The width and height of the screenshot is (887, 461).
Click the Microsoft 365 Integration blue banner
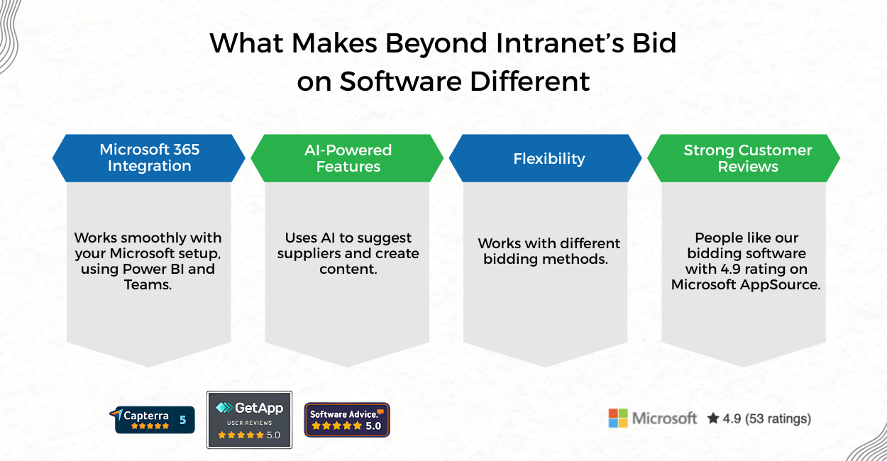149,157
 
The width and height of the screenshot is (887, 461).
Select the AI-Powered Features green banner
348,158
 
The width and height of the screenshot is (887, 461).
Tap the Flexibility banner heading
549,158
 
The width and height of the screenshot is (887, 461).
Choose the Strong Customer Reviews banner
747,158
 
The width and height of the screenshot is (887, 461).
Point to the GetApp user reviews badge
249,420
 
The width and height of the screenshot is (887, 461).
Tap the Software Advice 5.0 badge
347,420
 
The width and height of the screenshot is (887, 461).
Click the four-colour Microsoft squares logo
618,418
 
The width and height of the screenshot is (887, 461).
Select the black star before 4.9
712,418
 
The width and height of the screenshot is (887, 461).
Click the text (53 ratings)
778,418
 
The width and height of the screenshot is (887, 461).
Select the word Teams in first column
149,284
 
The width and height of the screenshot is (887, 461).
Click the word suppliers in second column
306,253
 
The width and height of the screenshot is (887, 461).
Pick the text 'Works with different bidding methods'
549,251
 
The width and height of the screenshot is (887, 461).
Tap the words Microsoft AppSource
746,284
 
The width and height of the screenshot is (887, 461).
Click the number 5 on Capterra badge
182,420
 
